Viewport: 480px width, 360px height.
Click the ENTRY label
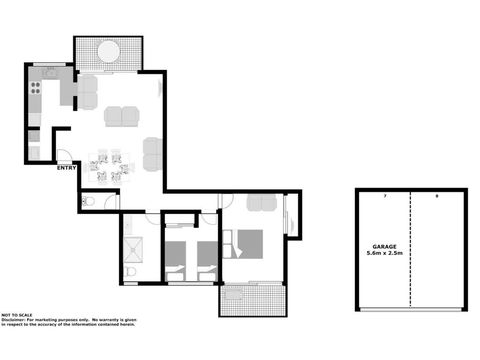[x=67, y=168]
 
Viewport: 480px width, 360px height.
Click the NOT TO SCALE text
[x=18, y=314]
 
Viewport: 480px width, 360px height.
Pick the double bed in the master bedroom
[x=247, y=243]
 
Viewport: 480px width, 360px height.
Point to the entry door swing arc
[x=62, y=155]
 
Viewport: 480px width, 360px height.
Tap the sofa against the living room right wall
[x=152, y=154]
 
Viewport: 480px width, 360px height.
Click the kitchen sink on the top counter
[x=48, y=74]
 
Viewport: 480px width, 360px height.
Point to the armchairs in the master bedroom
[x=263, y=204]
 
